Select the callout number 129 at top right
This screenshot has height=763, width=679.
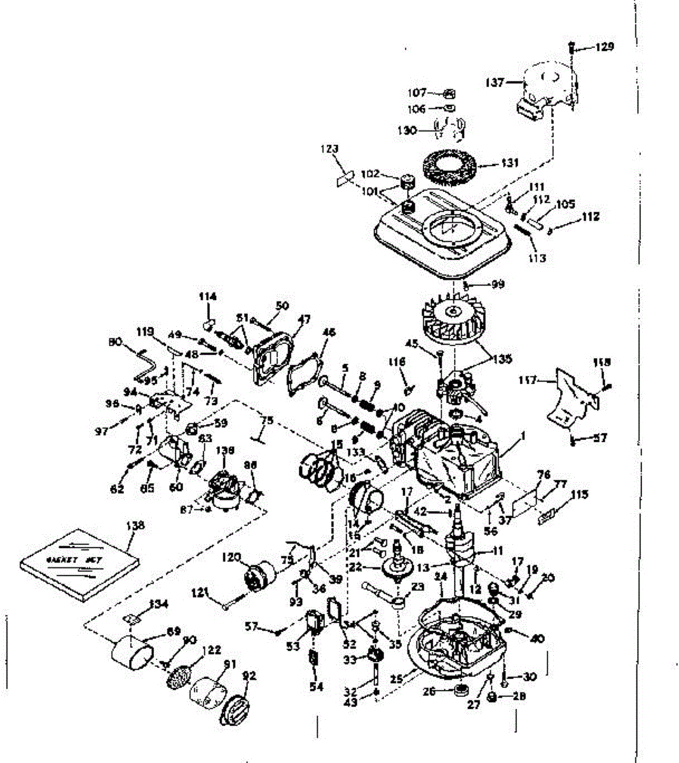605,47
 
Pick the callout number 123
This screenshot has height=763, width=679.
329,150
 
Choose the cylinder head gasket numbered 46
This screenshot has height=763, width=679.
303,377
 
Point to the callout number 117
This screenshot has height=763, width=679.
528,381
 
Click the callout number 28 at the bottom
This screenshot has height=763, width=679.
520,696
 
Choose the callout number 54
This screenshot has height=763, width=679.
317,687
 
